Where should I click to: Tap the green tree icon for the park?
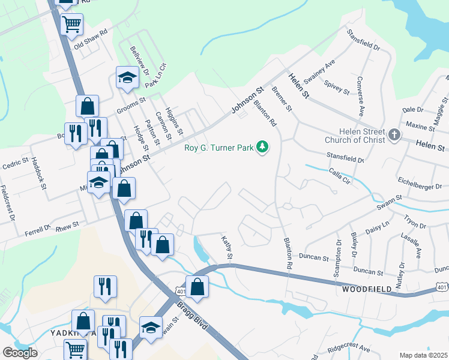(262, 146)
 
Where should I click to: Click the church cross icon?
(394, 134)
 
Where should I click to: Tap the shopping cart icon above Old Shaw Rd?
(71, 25)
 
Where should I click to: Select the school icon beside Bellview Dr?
(127, 77)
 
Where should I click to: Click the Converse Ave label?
(360, 96)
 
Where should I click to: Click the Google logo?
(20, 353)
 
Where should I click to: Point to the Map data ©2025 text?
(423, 355)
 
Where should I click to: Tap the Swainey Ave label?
(319, 73)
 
